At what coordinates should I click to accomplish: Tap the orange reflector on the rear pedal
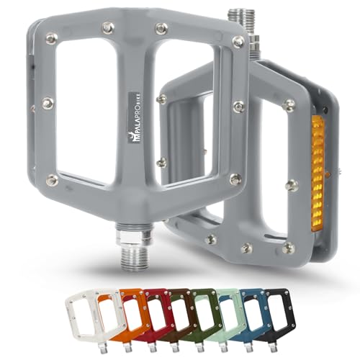317,173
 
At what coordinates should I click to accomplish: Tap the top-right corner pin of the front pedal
238,42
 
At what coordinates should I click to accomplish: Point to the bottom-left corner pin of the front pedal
52,179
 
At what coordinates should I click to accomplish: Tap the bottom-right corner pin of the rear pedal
289,248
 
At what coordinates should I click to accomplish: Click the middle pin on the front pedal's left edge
47,104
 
